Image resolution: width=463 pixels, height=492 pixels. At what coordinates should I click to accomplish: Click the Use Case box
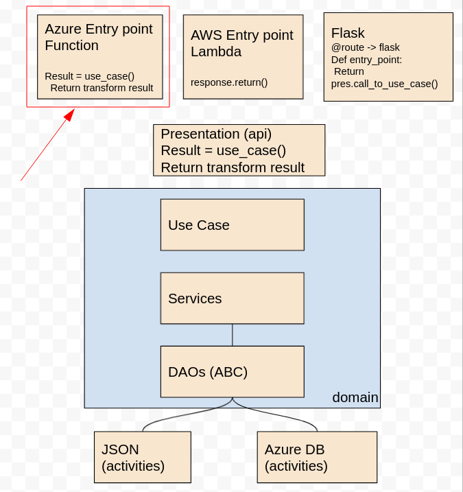(232, 224)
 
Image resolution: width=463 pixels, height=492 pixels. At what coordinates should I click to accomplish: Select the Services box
(232, 298)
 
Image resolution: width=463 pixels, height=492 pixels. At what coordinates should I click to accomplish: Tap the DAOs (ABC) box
(232, 371)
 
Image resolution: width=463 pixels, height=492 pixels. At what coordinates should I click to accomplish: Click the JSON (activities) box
(143, 457)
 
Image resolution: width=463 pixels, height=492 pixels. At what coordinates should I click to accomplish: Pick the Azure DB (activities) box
(317, 457)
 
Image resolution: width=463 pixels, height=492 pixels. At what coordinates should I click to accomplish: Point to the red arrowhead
(70, 114)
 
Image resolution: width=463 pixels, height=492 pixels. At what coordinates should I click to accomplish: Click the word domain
(355, 397)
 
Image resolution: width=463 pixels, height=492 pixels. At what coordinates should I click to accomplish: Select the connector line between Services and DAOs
(232, 335)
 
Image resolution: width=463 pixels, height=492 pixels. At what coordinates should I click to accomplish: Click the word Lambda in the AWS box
(216, 51)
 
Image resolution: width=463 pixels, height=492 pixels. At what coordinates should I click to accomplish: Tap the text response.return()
(229, 82)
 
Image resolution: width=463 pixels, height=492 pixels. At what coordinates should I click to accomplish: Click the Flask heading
(348, 33)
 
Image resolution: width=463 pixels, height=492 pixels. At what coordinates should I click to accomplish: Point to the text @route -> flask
(365, 47)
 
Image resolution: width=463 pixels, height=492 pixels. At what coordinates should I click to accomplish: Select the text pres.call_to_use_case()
(384, 84)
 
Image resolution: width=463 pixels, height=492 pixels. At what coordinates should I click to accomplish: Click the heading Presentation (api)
(216, 134)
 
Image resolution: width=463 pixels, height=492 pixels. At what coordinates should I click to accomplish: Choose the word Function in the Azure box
(71, 45)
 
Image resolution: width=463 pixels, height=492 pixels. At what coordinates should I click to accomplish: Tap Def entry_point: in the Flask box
(366, 60)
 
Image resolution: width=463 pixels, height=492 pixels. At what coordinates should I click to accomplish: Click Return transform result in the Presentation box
(233, 167)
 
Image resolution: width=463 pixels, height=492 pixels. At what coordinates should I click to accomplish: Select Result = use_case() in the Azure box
(89, 76)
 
